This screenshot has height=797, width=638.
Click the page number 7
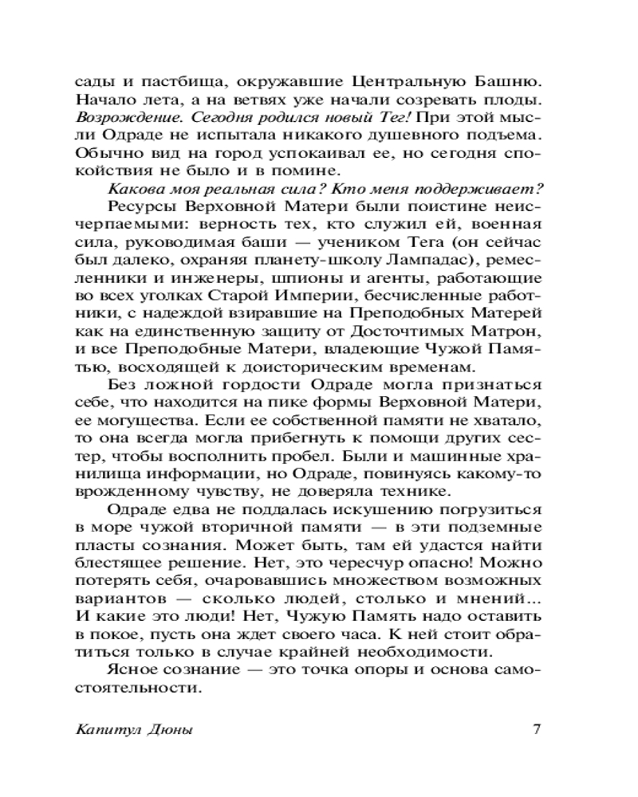click(x=537, y=730)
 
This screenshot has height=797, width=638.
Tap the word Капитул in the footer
click(x=102, y=731)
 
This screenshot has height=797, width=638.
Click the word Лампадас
click(x=424, y=260)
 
